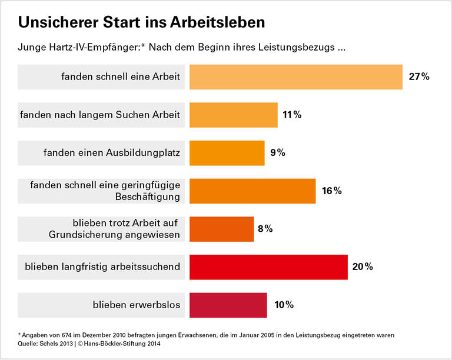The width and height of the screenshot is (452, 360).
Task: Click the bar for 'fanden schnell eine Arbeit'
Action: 295,77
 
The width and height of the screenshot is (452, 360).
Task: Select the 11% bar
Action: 233,115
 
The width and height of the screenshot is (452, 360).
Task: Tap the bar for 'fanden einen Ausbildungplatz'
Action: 227,153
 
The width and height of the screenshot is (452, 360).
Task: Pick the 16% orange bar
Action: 252,191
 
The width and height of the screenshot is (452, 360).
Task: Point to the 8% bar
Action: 221,229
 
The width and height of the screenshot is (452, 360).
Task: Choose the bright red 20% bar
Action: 268,267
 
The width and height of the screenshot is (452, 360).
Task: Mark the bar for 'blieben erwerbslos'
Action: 228,305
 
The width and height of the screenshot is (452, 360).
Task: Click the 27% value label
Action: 420,77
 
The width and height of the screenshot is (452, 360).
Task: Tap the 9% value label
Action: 278,153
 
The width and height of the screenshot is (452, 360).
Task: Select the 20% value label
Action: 363,267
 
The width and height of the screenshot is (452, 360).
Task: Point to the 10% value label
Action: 284,305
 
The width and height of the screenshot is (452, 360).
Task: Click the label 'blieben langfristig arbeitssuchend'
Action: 102,267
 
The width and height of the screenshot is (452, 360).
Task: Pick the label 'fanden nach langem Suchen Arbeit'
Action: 100,115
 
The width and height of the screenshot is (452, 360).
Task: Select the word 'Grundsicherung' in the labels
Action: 80,235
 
